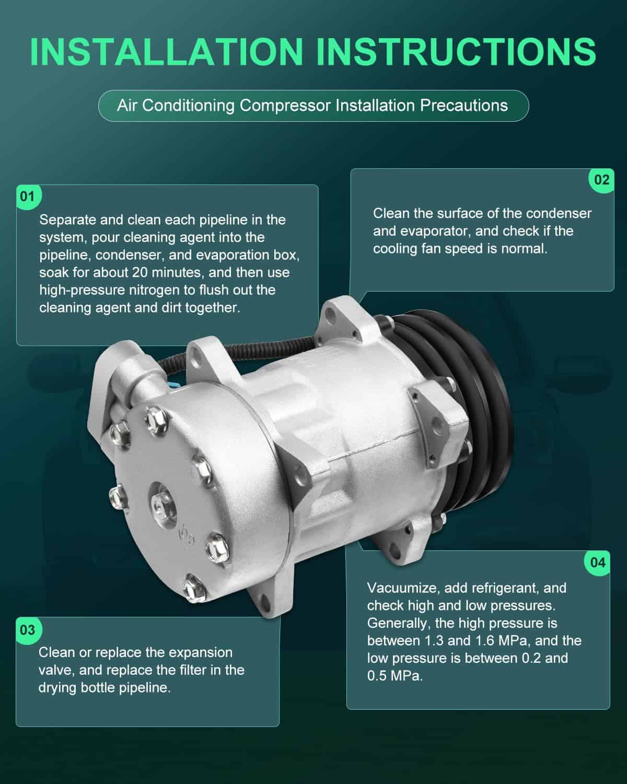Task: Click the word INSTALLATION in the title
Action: pos(167,52)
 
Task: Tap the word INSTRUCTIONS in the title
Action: pos(456,52)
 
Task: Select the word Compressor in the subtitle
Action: pos(285,106)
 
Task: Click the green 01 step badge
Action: pos(28,197)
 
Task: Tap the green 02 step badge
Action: pos(601,180)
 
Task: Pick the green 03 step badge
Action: pos(28,630)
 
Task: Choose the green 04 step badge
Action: pos(598,563)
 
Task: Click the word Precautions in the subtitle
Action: pos(464,106)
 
